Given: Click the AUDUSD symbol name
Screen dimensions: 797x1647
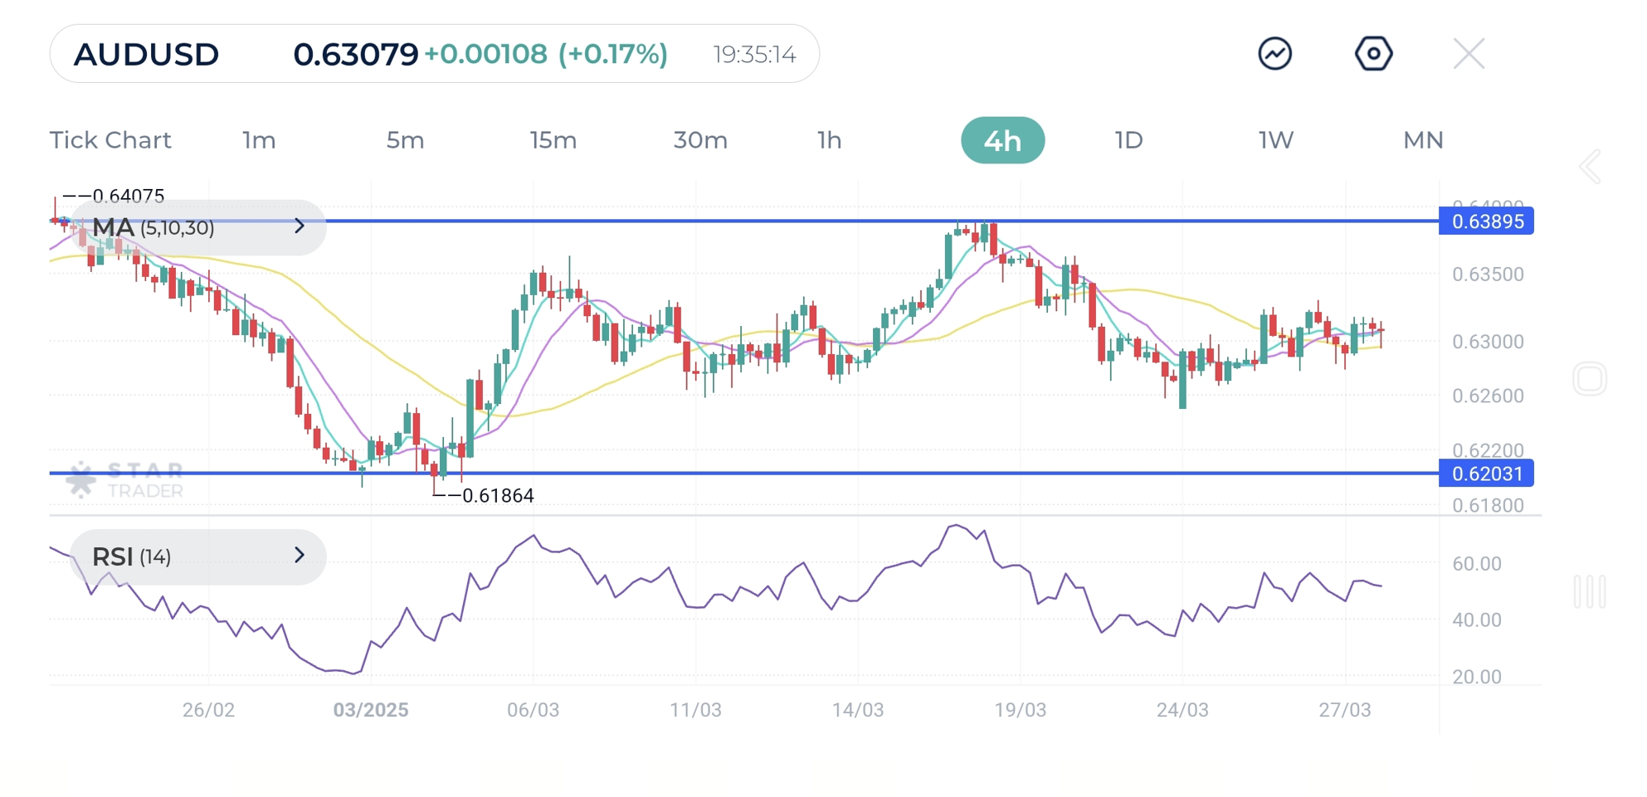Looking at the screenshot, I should point(146,55).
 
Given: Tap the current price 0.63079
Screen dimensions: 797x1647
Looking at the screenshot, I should point(355,55).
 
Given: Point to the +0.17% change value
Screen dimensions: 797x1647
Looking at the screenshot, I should point(613,55).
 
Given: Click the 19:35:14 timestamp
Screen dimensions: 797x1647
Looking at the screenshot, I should point(754,55).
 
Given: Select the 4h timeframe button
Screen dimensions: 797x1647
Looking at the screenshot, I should point(1002,140).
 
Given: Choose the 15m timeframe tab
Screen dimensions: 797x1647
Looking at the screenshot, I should point(553,140).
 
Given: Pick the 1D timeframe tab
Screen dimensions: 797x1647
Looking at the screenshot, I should point(1128,140).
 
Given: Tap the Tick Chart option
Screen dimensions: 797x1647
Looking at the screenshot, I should point(110,140).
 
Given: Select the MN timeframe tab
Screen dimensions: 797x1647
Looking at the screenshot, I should point(1423,140).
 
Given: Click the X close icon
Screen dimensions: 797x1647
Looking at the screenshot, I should point(1469,55).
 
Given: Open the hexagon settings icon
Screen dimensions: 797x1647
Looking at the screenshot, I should point(1373,54).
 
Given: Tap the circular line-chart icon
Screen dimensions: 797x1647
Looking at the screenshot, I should point(1275,54).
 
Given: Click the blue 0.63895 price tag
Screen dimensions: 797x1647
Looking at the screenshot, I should point(1486,221).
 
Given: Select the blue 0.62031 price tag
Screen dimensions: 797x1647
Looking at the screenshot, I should point(1486,474).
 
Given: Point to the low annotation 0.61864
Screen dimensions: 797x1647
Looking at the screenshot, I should point(497,496).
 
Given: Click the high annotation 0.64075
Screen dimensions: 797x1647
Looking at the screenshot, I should point(128,197).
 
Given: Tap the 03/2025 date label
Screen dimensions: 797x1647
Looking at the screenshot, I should point(371,710).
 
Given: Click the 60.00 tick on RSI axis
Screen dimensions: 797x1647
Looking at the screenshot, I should point(1477,564).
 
